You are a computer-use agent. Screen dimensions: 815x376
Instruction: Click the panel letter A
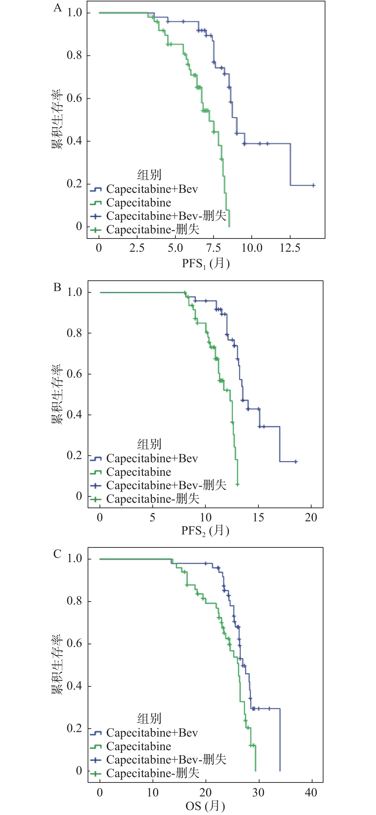(57, 8)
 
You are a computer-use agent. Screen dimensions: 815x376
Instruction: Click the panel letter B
(57, 287)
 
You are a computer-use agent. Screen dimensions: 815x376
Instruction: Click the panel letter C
(57, 554)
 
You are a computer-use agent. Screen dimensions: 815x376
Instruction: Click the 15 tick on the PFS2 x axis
(258, 518)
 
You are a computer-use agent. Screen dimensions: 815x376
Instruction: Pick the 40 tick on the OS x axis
(311, 793)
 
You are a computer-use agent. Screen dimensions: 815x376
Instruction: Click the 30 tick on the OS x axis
(258, 793)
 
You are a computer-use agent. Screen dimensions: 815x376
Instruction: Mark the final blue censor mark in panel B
(296, 461)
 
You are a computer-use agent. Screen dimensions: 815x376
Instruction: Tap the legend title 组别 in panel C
(149, 719)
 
